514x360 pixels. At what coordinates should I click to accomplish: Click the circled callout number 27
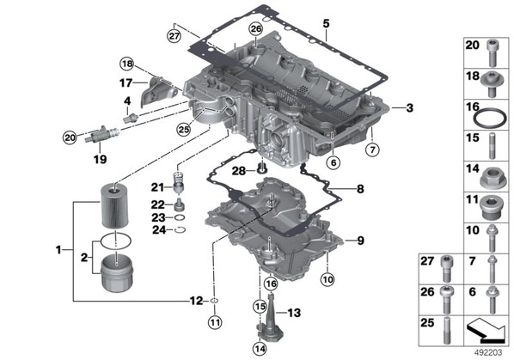tap(174, 35)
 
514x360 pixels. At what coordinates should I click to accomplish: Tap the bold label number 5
tap(326, 24)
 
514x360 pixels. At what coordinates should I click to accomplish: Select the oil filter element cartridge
tap(114, 206)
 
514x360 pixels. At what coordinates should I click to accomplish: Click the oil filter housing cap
tap(117, 274)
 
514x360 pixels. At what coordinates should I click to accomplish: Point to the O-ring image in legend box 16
tap(490, 119)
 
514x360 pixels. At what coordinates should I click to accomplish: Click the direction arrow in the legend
tap(486, 330)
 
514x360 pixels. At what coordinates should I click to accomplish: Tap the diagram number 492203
tap(488, 352)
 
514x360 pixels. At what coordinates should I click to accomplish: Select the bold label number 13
tap(294, 313)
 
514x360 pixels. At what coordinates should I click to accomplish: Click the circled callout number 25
tap(184, 130)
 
